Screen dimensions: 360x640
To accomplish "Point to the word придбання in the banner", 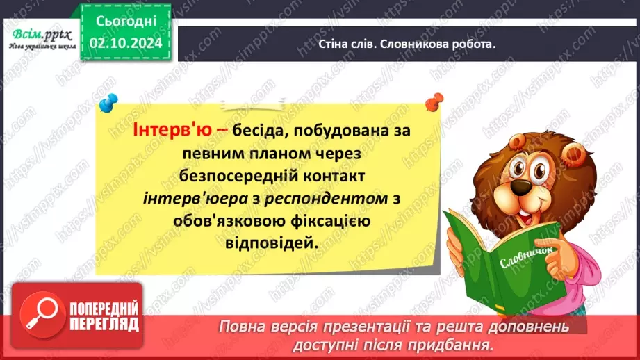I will tap(462, 343).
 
